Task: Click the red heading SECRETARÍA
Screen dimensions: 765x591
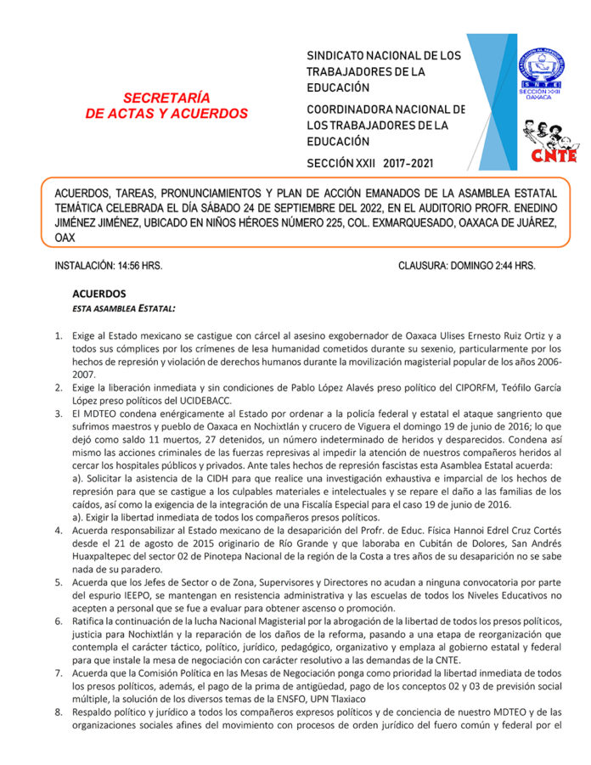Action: [x=166, y=98]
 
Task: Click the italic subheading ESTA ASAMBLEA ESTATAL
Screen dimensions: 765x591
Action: [x=125, y=307]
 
